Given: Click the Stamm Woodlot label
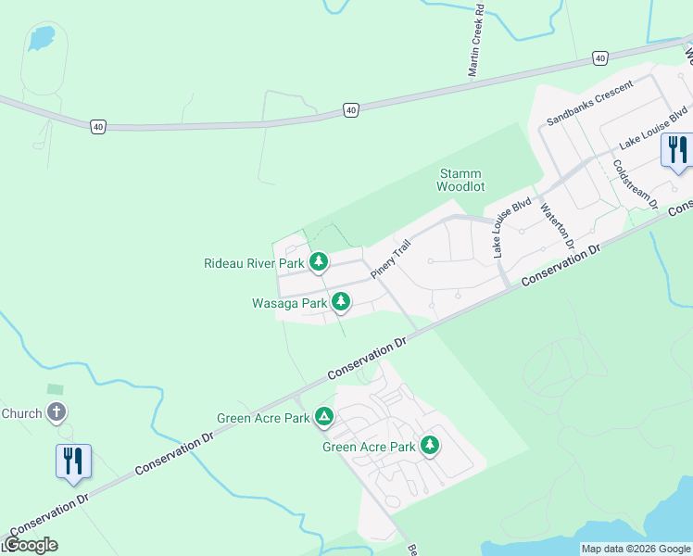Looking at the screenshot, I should click(461, 180).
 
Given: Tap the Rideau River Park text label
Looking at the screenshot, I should click(254, 263).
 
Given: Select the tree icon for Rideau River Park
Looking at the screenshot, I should click(319, 262).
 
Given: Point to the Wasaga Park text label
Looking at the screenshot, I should click(289, 303).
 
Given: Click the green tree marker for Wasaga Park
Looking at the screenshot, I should click(341, 301).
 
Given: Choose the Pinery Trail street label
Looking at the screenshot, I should click(390, 259).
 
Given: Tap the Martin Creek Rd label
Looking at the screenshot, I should click(476, 41).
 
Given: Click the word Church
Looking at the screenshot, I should click(22, 413).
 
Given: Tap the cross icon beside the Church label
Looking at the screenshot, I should click(57, 411).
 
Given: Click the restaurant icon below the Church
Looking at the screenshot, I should click(73, 460).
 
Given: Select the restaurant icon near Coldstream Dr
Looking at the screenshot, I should click(677, 149).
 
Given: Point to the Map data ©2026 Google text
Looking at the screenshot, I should click(636, 549).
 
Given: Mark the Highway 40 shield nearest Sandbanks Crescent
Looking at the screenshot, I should click(600, 58).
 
